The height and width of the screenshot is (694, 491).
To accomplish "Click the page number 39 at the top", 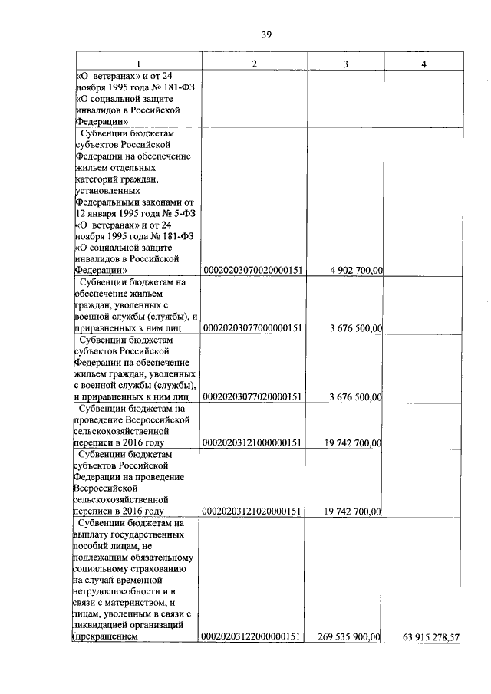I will [266, 34].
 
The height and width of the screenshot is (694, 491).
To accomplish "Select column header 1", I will [138, 63].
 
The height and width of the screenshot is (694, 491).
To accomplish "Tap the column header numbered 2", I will [254, 63].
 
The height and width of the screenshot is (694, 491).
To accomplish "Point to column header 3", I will [346, 63].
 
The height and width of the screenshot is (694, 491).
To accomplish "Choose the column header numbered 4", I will [424, 63].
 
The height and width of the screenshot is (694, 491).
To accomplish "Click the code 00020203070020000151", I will [254, 270].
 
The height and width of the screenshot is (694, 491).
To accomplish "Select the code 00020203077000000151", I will [254, 328].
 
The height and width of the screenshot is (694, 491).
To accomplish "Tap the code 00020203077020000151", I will [254, 397].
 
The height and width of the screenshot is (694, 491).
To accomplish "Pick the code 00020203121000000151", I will [254, 443].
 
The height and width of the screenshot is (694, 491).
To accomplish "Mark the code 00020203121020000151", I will [254, 511].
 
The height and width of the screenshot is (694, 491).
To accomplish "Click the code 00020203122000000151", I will [254, 636].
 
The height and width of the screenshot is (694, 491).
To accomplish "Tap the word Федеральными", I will [107, 202].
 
